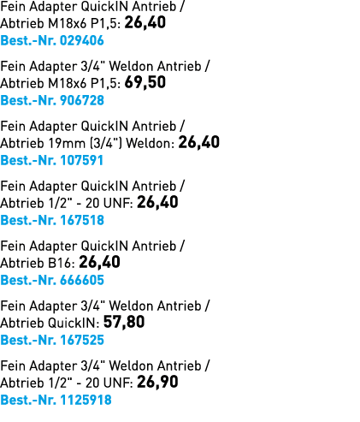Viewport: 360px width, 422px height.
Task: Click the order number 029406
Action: click(82, 40)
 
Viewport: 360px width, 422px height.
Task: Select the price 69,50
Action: click(145, 83)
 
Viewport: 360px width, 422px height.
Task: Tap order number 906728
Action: click(82, 100)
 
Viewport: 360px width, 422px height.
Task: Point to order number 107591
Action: click(81, 160)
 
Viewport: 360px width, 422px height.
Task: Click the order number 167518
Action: click(82, 220)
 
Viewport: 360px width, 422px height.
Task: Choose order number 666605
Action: click(82, 280)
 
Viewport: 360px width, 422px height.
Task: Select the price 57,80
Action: click(124, 323)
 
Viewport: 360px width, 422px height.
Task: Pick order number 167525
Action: click(82, 340)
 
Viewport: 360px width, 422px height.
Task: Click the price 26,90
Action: click(157, 383)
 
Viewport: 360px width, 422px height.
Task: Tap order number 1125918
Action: click(86, 400)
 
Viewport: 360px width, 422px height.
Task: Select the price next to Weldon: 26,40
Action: click(199, 143)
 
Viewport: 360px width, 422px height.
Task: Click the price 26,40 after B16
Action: click(99, 263)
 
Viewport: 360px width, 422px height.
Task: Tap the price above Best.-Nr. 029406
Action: click(145, 23)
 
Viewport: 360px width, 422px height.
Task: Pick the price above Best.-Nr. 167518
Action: click(157, 203)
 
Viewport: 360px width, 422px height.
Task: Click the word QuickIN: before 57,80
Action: click(74, 323)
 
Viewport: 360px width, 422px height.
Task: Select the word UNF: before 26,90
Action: click(118, 383)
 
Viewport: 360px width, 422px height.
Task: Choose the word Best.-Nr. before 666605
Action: click(28, 280)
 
